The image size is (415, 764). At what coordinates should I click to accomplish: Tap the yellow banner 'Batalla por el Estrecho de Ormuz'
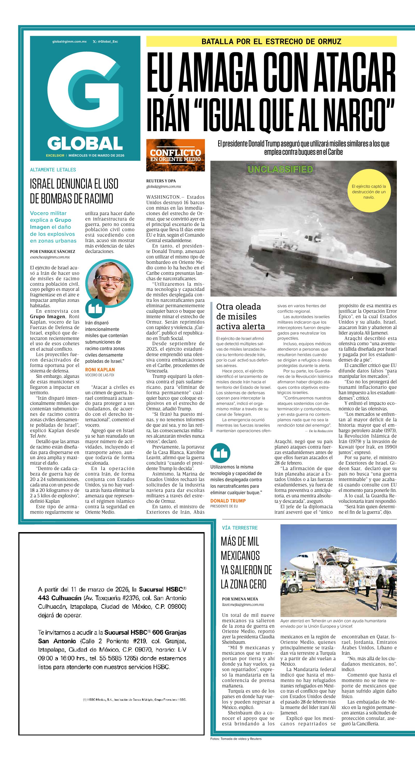[x=271, y=41]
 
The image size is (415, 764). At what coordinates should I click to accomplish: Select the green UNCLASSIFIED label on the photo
[x=280, y=169]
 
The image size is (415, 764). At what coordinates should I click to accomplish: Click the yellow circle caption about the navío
[x=369, y=192]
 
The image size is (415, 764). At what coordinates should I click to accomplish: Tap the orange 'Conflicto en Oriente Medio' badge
[x=175, y=155]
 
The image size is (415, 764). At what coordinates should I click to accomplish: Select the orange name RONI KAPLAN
[x=100, y=370]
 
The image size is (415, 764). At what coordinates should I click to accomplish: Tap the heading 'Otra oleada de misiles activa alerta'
[x=240, y=317]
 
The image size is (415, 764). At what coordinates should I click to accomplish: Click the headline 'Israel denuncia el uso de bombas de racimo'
[x=74, y=191]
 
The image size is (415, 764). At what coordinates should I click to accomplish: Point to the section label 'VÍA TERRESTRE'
[x=240, y=528]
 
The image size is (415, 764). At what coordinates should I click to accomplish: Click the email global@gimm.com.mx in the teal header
[x=69, y=42]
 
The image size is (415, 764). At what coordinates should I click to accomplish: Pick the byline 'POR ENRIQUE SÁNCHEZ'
[x=52, y=251]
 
